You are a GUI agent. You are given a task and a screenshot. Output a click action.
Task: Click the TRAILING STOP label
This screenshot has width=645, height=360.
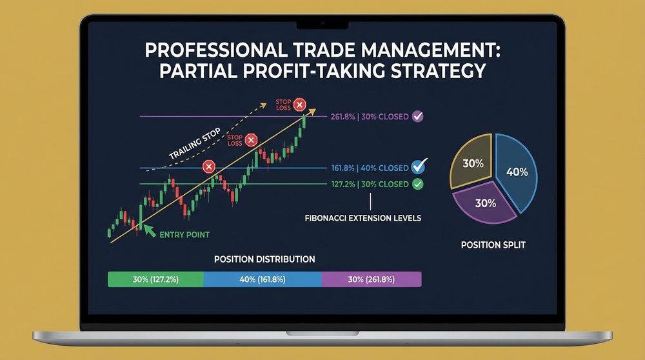194,145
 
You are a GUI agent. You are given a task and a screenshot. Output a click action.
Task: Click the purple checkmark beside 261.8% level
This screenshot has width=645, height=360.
417,117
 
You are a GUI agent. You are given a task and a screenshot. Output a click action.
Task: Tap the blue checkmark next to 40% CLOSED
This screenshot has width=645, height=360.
419,167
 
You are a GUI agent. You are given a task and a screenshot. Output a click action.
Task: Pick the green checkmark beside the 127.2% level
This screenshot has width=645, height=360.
417,185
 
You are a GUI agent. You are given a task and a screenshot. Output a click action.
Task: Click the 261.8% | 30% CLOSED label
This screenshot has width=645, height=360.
370,117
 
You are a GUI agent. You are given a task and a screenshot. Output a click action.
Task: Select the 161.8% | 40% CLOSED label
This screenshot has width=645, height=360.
370,168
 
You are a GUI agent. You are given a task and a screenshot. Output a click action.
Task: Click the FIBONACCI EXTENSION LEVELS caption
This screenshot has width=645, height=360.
362,218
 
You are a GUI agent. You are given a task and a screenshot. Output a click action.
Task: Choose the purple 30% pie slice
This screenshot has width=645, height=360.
485,203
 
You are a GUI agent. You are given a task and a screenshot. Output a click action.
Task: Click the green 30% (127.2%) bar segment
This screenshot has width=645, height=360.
155,279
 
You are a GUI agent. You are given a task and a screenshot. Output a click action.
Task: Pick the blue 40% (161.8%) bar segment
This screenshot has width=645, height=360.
262,279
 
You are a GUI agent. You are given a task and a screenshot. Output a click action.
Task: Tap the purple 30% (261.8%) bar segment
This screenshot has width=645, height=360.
371,279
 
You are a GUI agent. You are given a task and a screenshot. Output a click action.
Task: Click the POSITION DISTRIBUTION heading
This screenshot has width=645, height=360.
264,259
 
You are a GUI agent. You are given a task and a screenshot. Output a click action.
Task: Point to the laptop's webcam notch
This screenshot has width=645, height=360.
322,24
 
